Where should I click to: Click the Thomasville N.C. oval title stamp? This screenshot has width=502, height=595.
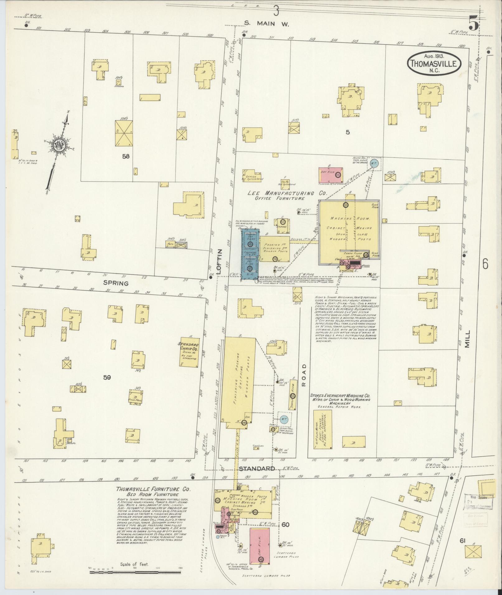435,63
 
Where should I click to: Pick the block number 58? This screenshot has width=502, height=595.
126,157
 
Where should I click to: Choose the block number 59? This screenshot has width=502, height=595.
107,378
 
